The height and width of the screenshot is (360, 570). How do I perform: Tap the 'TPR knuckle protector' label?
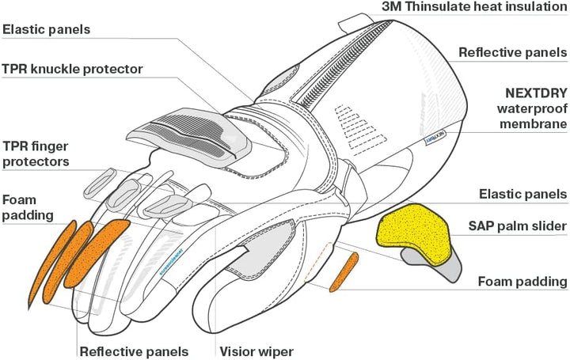pos(72,69)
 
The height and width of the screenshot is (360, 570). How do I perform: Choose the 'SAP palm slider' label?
pos(516,226)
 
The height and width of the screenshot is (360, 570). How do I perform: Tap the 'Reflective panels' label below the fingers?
pos(133,351)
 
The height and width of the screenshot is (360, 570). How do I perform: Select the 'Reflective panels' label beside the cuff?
pos(513,53)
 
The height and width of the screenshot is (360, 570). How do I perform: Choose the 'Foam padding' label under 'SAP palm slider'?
pos(522,281)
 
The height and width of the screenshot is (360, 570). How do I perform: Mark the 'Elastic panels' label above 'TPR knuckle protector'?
pos(57,30)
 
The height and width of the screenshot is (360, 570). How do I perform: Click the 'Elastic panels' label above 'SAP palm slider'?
pos(523,194)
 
